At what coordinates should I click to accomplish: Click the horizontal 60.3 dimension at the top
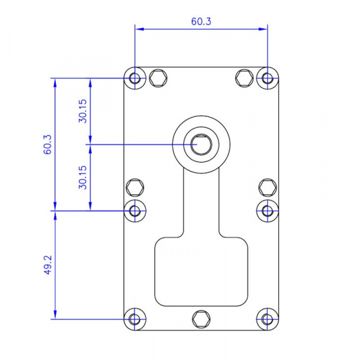click(201, 22)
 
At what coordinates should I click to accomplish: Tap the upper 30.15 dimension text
click(83, 111)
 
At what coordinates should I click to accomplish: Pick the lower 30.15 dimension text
click(83, 178)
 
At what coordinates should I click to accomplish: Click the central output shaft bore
click(200, 144)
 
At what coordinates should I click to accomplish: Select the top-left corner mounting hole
click(135, 78)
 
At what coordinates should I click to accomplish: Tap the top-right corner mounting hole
click(267, 78)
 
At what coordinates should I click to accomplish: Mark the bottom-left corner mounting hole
click(135, 319)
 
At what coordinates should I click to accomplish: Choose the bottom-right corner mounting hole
click(267, 319)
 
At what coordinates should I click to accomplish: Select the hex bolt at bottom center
click(201, 319)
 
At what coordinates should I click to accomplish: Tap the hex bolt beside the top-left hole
click(158, 77)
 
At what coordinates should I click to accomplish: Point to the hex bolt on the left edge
click(135, 187)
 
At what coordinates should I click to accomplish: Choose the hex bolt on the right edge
click(267, 187)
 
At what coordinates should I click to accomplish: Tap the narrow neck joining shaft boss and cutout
click(201, 204)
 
